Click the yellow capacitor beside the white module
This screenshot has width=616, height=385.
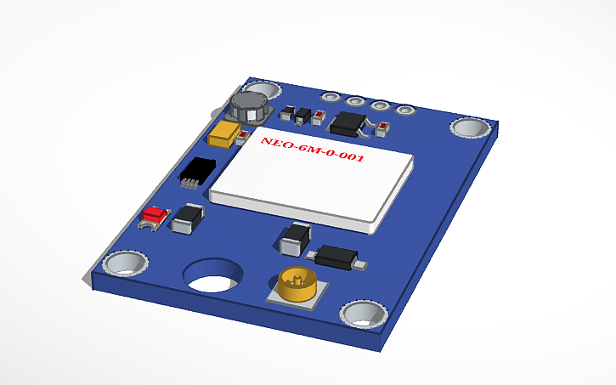pyautogui.click(x=225, y=134)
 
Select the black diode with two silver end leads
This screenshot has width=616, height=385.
pyautogui.click(x=336, y=254)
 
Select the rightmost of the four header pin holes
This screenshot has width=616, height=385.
pyautogui.click(x=406, y=109)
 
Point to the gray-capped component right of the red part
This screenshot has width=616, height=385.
pyautogui.click(x=187, y=219)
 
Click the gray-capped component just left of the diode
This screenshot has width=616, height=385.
pyautogui.click(x=295, y=238)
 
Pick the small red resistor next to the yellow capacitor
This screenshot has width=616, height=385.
pyautogui.click(x=242, y=136)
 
